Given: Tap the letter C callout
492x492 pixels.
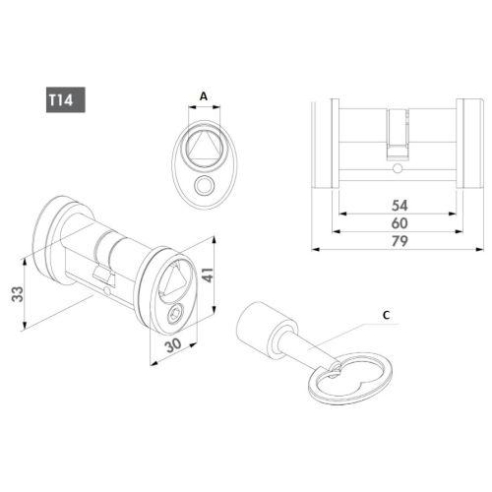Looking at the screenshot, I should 386,315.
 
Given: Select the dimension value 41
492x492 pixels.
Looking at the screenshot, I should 210,277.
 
